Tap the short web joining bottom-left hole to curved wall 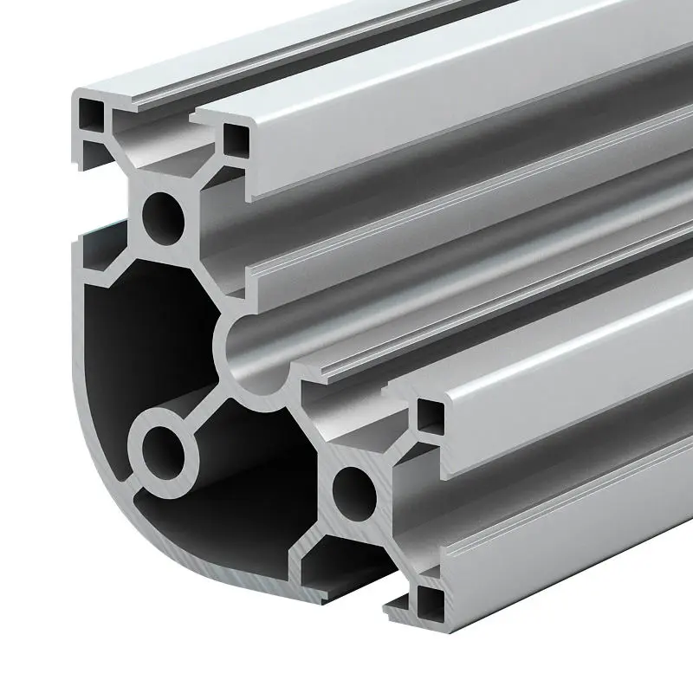(130, 485)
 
